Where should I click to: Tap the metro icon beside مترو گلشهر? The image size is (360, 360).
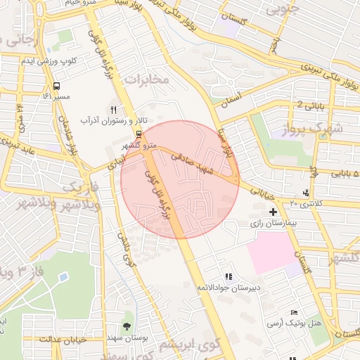139,132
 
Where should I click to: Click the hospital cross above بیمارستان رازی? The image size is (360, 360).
273,211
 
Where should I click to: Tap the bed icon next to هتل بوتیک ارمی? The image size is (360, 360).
293,313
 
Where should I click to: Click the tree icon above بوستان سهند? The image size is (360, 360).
126,326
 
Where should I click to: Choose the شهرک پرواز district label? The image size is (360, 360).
330,129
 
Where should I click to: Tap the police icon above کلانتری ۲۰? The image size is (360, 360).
305,193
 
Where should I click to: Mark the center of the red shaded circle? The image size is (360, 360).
180,179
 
